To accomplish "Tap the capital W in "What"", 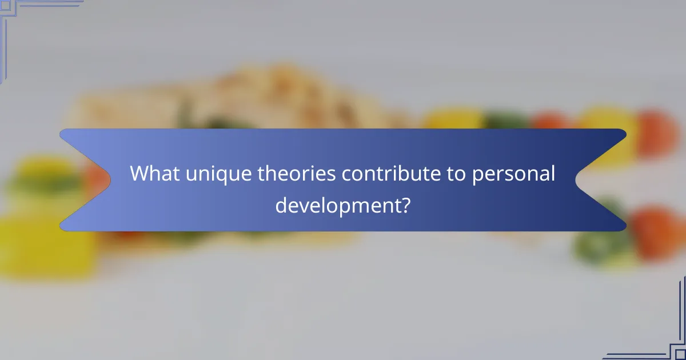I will [x=139, y=174].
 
